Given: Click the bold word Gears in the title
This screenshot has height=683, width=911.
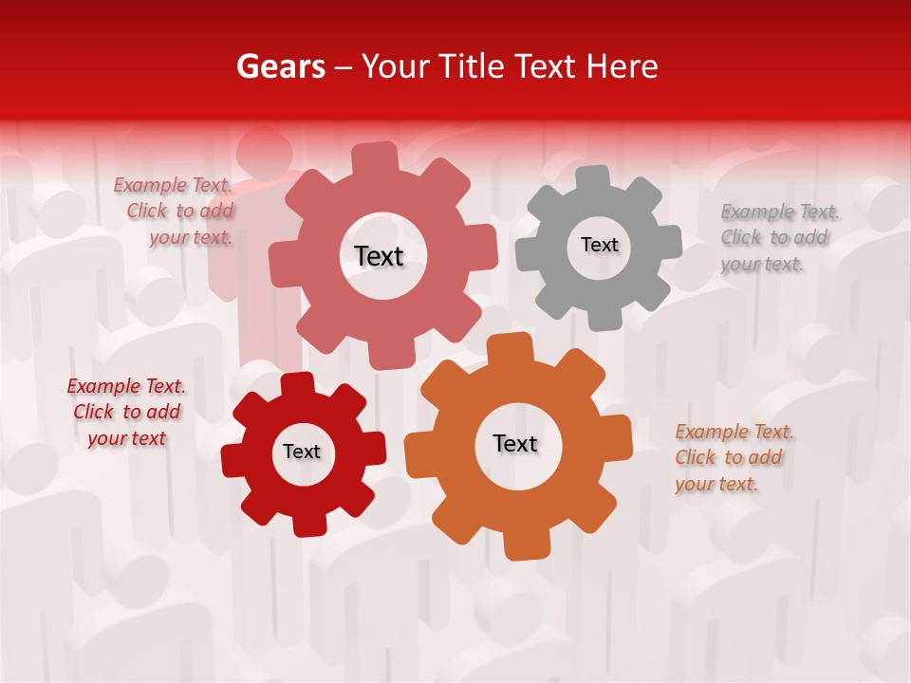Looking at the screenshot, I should (281, 66).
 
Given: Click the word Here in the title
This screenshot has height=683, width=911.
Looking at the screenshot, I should (622, 66).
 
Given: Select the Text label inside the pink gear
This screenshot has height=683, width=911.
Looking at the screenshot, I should (379, 256).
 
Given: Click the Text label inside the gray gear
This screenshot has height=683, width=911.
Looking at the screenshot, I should (599, 245).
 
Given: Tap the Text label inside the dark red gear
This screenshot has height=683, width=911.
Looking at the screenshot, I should (302, 452).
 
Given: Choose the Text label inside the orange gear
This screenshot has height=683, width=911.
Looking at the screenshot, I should (515, 443).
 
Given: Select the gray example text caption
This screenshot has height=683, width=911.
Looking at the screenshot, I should (778, 238).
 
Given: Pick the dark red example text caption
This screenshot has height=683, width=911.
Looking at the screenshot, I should (126, 413).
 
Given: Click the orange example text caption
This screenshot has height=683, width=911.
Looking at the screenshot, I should (733, 458).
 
